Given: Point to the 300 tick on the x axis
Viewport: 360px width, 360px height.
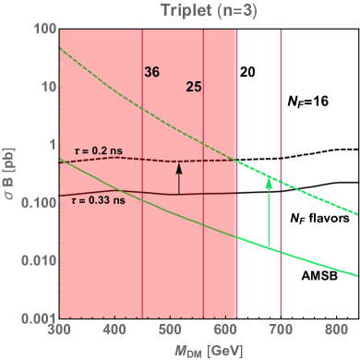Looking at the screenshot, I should (59, 328).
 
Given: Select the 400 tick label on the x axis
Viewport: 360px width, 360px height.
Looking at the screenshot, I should (114, 328).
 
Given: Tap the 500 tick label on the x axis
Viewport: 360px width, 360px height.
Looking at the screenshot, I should (171, 328).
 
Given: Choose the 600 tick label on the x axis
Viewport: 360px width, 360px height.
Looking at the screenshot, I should (226, 328).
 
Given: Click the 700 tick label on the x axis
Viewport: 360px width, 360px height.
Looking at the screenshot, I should (282, 328).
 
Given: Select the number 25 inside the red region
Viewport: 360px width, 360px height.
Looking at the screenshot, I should (194, 88).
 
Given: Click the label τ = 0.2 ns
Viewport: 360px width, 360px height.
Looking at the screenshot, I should (96, 149).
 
